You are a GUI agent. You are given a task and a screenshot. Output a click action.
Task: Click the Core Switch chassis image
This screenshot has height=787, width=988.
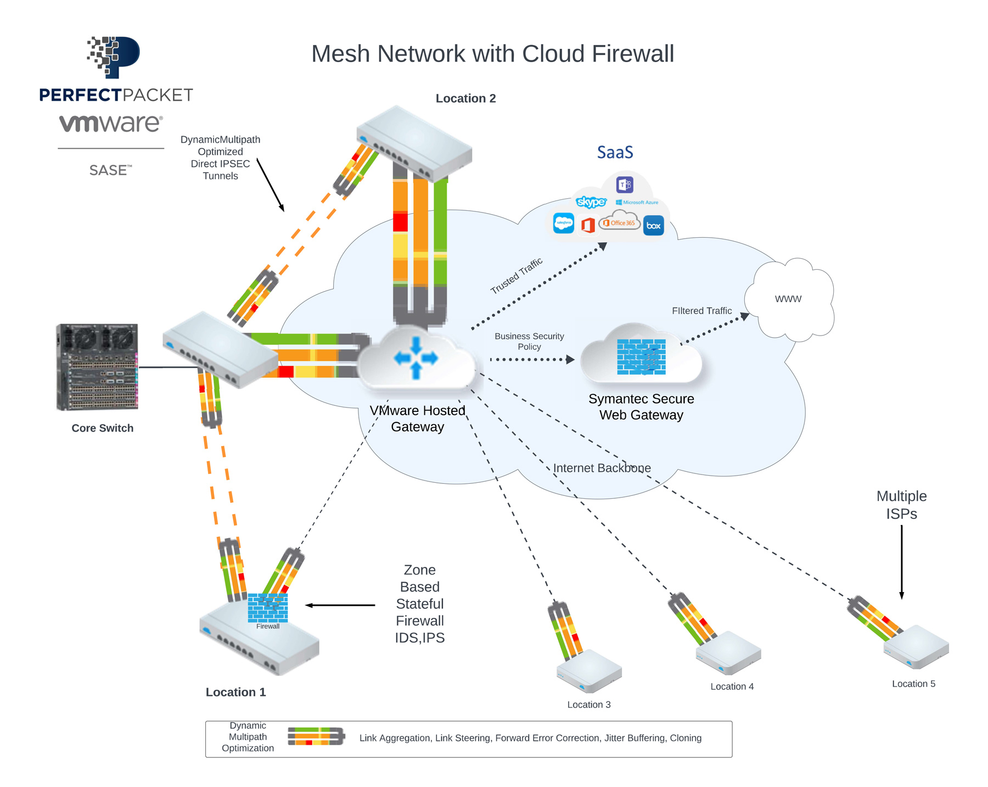97,367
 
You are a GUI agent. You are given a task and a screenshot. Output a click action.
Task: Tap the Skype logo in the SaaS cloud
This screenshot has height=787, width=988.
591,202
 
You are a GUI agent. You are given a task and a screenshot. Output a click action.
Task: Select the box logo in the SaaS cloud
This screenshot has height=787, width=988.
653,226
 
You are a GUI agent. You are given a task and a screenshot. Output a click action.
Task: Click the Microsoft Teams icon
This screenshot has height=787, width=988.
625,185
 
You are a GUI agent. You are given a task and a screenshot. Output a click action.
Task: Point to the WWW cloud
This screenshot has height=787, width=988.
789,299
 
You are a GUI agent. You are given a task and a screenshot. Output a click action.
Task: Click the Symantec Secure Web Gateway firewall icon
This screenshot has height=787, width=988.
641,357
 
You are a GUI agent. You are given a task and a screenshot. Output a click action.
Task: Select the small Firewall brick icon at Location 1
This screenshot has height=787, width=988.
268,608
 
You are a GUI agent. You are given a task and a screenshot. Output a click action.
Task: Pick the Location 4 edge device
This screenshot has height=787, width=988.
728,652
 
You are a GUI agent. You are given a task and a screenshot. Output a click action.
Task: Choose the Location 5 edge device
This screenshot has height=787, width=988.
916,646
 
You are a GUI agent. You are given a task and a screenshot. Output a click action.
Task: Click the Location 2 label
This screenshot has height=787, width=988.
465,99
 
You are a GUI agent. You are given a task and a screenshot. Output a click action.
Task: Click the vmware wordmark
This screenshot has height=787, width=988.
111,124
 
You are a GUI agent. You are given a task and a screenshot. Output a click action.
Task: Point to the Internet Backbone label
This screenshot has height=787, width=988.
602,468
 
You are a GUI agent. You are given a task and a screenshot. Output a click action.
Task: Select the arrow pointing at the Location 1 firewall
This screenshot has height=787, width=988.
340,605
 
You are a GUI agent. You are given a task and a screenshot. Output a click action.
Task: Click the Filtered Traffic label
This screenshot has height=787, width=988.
701,311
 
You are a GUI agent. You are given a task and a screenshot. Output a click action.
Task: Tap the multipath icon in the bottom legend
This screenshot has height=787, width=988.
316,736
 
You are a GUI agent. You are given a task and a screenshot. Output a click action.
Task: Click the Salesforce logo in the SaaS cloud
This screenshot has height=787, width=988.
564,224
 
